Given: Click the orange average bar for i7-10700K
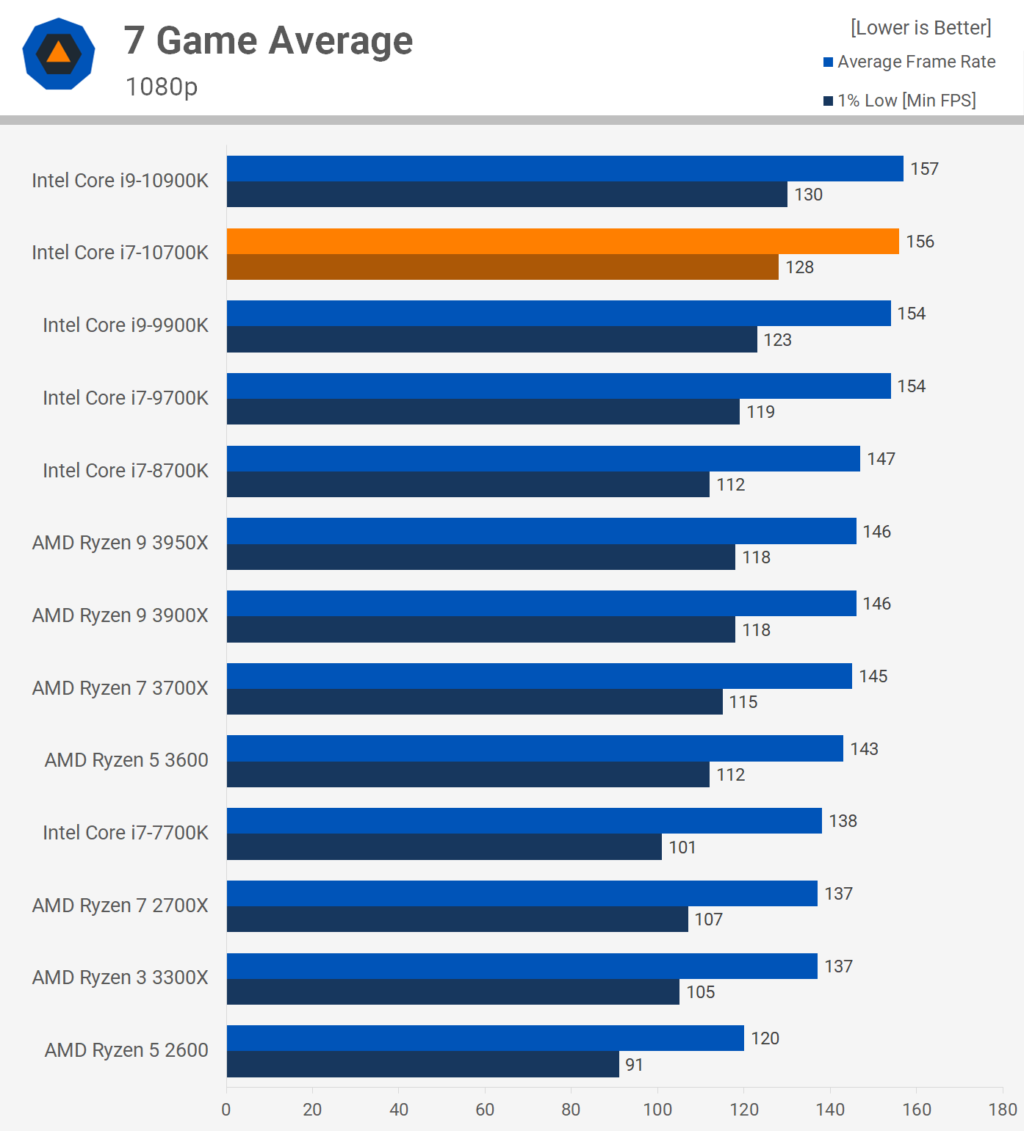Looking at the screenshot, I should (x=563, y=241).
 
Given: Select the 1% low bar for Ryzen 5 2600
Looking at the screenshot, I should (x=422, y=1064).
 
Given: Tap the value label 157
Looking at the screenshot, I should (x=924, y=169).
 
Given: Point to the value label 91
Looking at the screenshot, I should (x=634, y=1064).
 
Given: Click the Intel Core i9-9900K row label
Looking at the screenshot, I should (x=126, y=325).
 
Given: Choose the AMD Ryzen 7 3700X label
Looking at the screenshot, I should (x=120, y=688).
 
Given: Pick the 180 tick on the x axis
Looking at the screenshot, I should (x=1003, y=1109).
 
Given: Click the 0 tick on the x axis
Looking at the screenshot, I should (x=226, y=1109).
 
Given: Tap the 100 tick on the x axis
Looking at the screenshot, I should (x=657, y=1109).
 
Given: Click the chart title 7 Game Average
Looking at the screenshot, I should (x=268, y=40).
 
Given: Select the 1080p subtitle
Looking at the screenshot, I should (x=162, y=87).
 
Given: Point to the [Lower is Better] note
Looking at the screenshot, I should (x=921, y=28).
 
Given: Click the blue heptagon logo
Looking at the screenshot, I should (x=59, y=54).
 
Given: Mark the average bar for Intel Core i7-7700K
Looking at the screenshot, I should (x=524, y=820).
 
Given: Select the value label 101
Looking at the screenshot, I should (x=682, y=848).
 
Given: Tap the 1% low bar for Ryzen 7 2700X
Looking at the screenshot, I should (x=457, y=919).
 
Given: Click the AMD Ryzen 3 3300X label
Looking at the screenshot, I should (x=120, y=978).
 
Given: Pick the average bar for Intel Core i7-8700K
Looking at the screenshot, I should (x=543, y=458).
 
